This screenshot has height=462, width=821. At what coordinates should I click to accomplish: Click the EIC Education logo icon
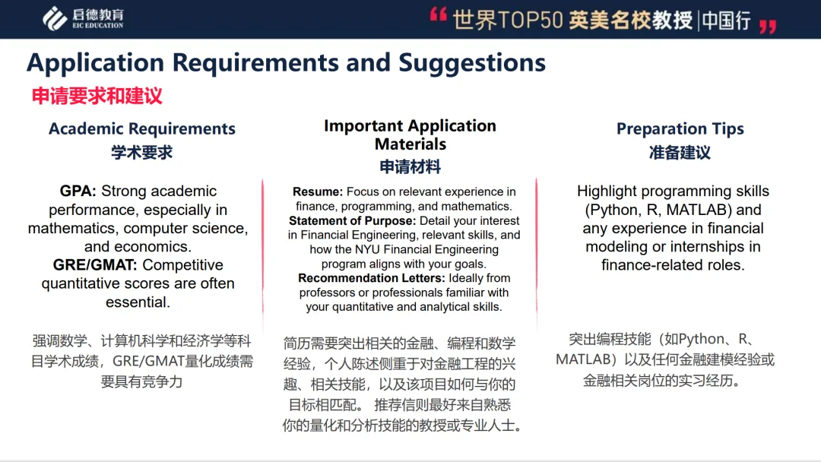(54, 19)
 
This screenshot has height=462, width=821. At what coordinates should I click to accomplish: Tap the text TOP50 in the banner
(530, 20)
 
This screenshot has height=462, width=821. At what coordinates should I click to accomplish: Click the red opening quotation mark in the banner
(439, 14)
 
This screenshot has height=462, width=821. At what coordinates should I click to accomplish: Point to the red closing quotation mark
(768, 26)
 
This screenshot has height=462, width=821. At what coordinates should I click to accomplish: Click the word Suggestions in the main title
(472, 62)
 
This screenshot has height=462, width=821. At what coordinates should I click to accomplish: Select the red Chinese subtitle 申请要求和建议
(97, 96)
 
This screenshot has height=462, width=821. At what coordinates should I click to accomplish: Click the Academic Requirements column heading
(142, 128)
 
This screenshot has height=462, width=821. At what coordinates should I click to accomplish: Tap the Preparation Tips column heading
(680, 128)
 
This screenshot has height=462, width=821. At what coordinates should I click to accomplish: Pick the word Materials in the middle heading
(410, 144)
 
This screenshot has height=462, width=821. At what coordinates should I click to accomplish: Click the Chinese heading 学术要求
(142, 153)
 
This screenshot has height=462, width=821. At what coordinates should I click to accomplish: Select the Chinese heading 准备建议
(680, 153)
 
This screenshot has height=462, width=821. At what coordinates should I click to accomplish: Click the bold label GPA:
(78, 191)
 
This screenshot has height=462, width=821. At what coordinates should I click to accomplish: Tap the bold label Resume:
(318, 192)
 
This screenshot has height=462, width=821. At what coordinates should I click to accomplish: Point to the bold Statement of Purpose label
(353, 221)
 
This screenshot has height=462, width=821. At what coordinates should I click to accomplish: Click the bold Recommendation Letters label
(372, 278)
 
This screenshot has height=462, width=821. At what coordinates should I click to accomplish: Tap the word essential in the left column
(138, 302)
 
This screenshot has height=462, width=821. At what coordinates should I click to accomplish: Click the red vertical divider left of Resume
(263, 246)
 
